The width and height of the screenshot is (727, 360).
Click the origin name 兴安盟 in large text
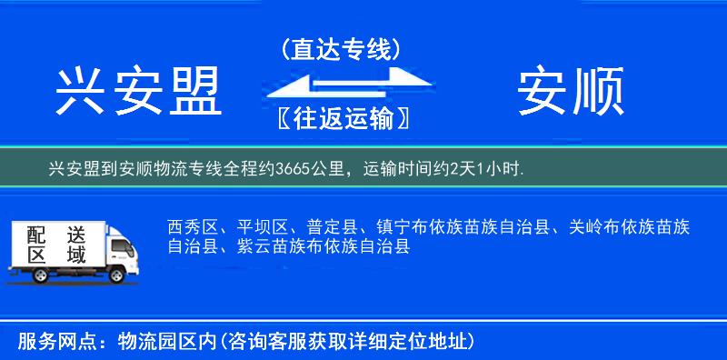(x=138, y=92)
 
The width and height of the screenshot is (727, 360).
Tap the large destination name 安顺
(x=571, y=92)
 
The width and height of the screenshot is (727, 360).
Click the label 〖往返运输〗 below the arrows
(x=340, y=117)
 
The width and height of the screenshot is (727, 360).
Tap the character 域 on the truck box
(x=76, y=256)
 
